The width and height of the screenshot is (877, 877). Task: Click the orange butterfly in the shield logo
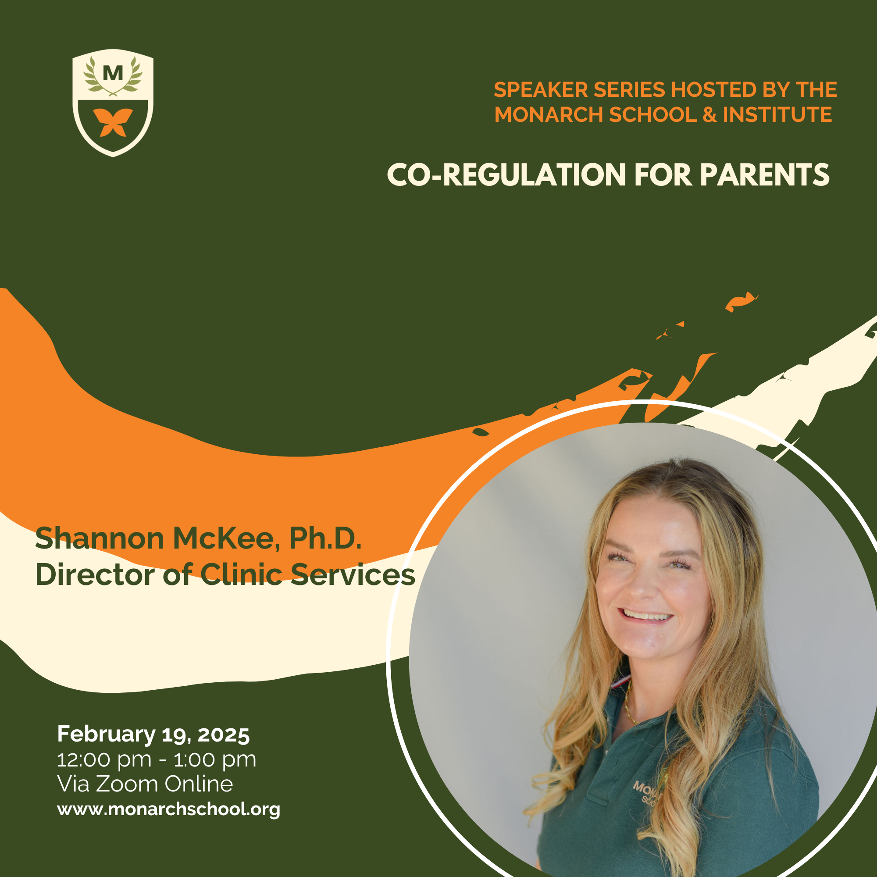113,122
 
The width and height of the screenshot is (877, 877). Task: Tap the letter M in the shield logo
113,74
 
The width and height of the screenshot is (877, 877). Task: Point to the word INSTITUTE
777,114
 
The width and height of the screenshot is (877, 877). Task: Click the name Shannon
100,538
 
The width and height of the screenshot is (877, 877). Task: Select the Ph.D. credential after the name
325,538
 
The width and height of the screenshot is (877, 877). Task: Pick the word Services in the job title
353,575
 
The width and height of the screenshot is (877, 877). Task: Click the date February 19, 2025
153,734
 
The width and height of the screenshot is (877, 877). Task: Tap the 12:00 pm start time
104,760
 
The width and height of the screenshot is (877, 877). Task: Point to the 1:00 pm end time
215,760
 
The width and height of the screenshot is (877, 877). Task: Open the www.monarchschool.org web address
168,809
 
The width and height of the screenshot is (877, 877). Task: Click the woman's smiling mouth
647,617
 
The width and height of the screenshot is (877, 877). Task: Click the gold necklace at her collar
629,704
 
